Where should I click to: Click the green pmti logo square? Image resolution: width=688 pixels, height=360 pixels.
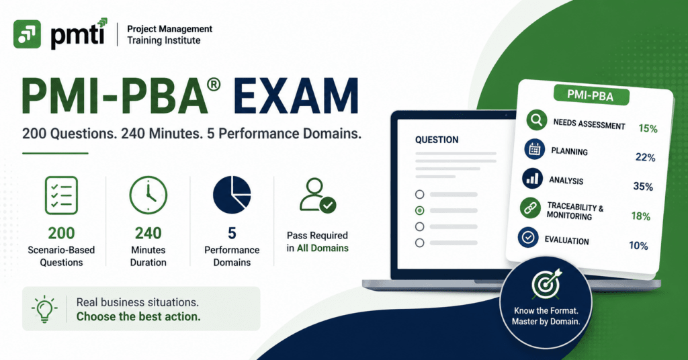[27, 34]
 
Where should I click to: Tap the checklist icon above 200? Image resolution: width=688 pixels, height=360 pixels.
[61, 195]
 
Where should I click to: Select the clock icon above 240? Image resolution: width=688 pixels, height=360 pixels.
[148, 195]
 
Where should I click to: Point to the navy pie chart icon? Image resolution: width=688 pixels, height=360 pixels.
[232, 195]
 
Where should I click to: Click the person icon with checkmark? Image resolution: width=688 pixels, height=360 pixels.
[318, 195]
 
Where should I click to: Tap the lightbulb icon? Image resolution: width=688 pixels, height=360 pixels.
[44, 309]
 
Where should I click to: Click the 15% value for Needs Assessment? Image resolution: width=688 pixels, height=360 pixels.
[648, 128]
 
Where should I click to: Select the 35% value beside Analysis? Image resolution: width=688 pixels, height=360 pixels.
[643, 186]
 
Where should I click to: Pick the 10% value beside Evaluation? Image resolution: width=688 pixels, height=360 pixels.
[638, 246]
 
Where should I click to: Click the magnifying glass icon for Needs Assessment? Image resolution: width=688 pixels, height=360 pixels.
[536, 120]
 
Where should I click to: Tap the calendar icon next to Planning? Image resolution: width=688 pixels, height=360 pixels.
[534, 149]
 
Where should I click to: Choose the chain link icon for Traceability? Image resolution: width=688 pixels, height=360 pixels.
[530, 208]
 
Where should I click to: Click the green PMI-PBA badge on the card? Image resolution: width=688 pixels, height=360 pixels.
[591, 95]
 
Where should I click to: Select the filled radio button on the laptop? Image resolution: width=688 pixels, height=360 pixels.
[420, 210]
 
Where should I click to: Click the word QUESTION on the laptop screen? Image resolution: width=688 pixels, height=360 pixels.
[437, 140]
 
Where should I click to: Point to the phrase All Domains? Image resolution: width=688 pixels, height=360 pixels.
[322, 249]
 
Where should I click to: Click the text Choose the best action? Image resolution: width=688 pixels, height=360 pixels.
[138, 316]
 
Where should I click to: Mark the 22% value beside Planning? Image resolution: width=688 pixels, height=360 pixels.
[646, 157]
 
